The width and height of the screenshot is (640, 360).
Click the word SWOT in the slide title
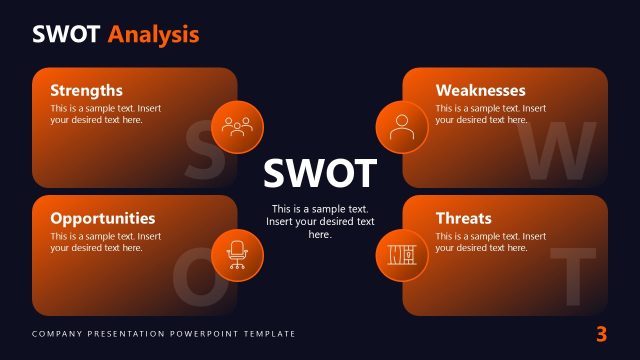(67, 35)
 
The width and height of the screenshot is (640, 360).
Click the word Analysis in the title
(154, 35)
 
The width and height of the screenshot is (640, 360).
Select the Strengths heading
(87, 90)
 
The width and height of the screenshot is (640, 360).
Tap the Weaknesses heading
(480, 90)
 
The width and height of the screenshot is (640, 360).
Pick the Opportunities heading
(103, 218)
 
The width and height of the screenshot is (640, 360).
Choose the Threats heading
(464, 218)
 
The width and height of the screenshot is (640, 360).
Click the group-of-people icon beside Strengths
(238, 127)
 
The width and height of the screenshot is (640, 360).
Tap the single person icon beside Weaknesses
(402, 127)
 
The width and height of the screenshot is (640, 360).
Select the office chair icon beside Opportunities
(238, 254)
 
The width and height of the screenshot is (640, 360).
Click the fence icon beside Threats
(402, 254)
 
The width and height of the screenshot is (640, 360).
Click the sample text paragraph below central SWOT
(320, 221)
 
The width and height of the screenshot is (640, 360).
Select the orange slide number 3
(601, 334)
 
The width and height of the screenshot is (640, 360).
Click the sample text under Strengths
(105, 114)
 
